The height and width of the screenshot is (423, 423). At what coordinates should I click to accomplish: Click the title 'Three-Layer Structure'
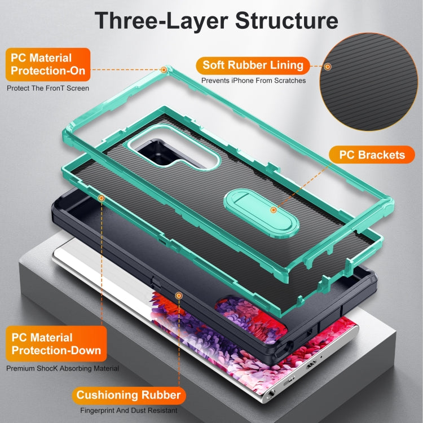tap(217, 21)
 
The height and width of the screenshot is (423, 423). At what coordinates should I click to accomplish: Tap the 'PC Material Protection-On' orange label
tap(48, 64)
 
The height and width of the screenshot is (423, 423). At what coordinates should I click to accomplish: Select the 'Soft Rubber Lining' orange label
tap(253, 65)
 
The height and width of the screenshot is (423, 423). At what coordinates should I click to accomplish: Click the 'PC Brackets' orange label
tap(372, 155)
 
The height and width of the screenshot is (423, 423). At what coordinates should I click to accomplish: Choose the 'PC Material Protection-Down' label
tap(56, 343)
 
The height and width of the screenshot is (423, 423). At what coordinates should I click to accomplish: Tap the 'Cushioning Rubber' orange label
tap(129, 395)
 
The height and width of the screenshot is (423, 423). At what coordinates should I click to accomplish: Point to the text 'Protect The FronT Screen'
tap(48, 88)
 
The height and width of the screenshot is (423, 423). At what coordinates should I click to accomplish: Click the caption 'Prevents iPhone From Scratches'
tap(254, 81)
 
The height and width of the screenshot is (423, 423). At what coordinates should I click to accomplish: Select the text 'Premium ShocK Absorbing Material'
tap(63, 368)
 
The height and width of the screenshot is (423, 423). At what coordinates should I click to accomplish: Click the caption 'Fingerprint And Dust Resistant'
tap(129, 411)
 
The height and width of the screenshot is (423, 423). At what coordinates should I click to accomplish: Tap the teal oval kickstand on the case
tap(261, 213)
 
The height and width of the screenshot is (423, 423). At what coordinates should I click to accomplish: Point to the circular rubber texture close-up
tap(368, 81)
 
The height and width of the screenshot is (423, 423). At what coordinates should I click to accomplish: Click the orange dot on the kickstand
tap(274, 210)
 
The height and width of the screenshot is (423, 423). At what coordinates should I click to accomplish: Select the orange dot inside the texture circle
tap(328, 67)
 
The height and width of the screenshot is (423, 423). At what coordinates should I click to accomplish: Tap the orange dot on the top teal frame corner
tap(164, 70)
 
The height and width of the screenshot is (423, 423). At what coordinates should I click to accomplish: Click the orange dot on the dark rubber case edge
tap(179, 296)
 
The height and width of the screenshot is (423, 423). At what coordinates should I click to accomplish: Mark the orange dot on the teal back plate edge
tap(102, 199)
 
